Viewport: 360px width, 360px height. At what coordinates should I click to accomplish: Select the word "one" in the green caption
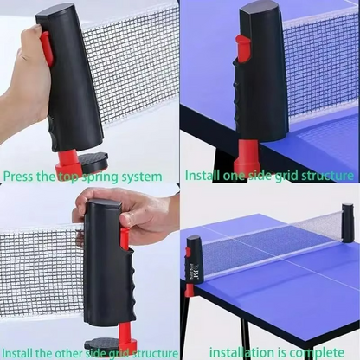point(234,176)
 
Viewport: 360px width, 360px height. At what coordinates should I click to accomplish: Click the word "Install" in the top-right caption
point(202,176)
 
